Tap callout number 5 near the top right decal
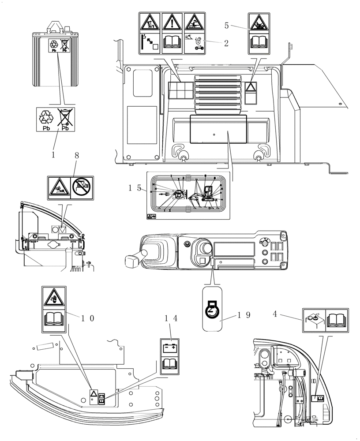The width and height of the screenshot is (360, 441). [x=226, y=26]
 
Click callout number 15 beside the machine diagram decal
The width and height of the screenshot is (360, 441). [x=135, y=187]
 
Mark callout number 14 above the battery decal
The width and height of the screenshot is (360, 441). [x=170, y=318]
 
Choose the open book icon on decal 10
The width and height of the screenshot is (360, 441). [x=54, y=318]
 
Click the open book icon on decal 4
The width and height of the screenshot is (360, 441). [x=337, y=320]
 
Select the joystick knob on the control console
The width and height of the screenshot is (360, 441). [x=206, y=248]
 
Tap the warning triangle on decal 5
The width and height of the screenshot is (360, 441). [x=259, y=22]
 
